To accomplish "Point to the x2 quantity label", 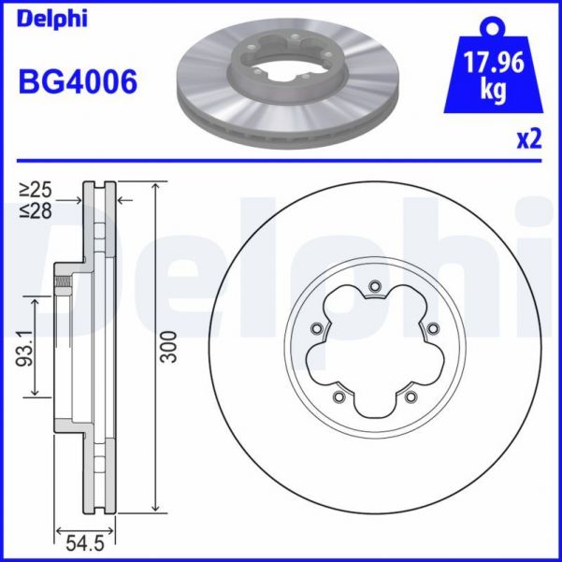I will click(529, 139).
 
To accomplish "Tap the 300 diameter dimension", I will click(169, 347).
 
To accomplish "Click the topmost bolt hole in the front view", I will click(374, 286).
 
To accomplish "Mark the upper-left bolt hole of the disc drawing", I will click(316, 328).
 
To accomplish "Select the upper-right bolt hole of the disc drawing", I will click(432, 328).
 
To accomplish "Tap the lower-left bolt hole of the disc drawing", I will click(338, 396).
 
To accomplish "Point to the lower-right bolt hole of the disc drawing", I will click(410, 396).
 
